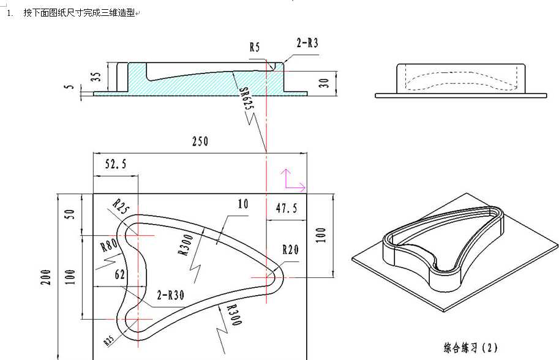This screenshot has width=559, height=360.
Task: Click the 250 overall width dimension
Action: (200, 142)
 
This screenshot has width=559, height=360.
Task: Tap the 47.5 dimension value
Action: (286, 209)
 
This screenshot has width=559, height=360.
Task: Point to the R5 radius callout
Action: (255, 47)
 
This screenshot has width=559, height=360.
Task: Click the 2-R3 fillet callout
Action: (307, 43)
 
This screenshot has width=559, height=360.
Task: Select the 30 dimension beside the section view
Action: (325, 81)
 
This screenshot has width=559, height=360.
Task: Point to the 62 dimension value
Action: (119, 276)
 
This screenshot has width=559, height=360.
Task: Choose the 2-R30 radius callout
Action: (171, 294)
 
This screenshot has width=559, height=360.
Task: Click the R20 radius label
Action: (290, 250)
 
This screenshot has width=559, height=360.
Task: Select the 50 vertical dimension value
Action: (70, 214)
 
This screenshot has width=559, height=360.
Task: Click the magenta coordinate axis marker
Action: (292, 181)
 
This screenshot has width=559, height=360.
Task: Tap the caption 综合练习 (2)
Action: (471, 348)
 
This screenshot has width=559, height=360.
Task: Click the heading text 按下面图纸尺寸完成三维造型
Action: (79, 13)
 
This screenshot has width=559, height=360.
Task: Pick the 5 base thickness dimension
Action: (70, 88)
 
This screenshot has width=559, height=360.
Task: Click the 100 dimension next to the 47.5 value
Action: (321, 235)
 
